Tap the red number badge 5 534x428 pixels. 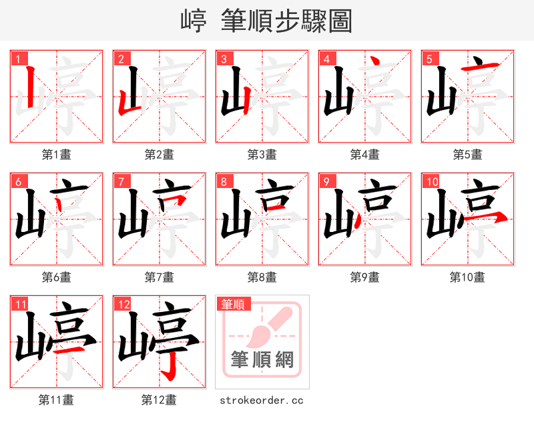tap(429, 59)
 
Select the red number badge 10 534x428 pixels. tap(431, 181)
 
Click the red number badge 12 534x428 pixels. tap(123, 304)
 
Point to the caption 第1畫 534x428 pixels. tap(57, 155)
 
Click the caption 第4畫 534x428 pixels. tap(365, 155)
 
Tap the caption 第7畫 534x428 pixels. tap(160, 277)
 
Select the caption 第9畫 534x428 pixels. tap(365, 277)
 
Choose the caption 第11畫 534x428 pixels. tap(57, 400)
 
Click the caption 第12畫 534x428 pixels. tap(160, 400)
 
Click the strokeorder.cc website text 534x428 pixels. tap(262, 400)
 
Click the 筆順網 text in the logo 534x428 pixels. tap(262, 360)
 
